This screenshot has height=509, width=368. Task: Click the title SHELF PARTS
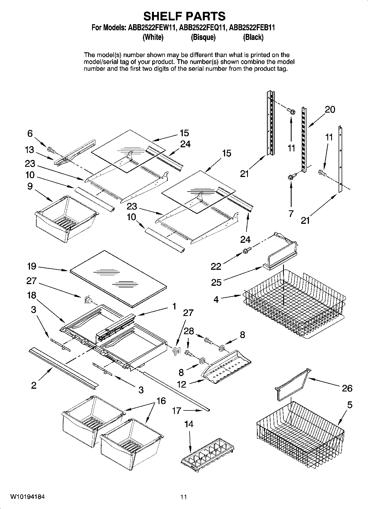coord(184,16)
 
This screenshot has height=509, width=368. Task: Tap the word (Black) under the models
coord(253,37)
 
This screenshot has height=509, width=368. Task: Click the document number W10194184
coord(27,497)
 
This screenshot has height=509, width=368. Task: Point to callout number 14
coord(189,424)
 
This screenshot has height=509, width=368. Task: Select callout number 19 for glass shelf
coord(32,266)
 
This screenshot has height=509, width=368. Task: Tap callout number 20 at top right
coord(330,110)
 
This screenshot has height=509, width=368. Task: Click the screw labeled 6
coord(51,150)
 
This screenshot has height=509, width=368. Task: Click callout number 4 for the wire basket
coord(216,299)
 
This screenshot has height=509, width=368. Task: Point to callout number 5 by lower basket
coord(350,405)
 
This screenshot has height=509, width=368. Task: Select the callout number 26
coord(347,388)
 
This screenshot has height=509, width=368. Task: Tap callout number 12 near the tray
coord(182,384)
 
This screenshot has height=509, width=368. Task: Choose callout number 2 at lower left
coord(34,385)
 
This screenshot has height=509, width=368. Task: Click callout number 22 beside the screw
coord(216,266)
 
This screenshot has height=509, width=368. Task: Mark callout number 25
coord(216,282)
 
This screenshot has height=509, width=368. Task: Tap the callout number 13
coord(29,150)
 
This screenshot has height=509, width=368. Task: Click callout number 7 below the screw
coord(291,213)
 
